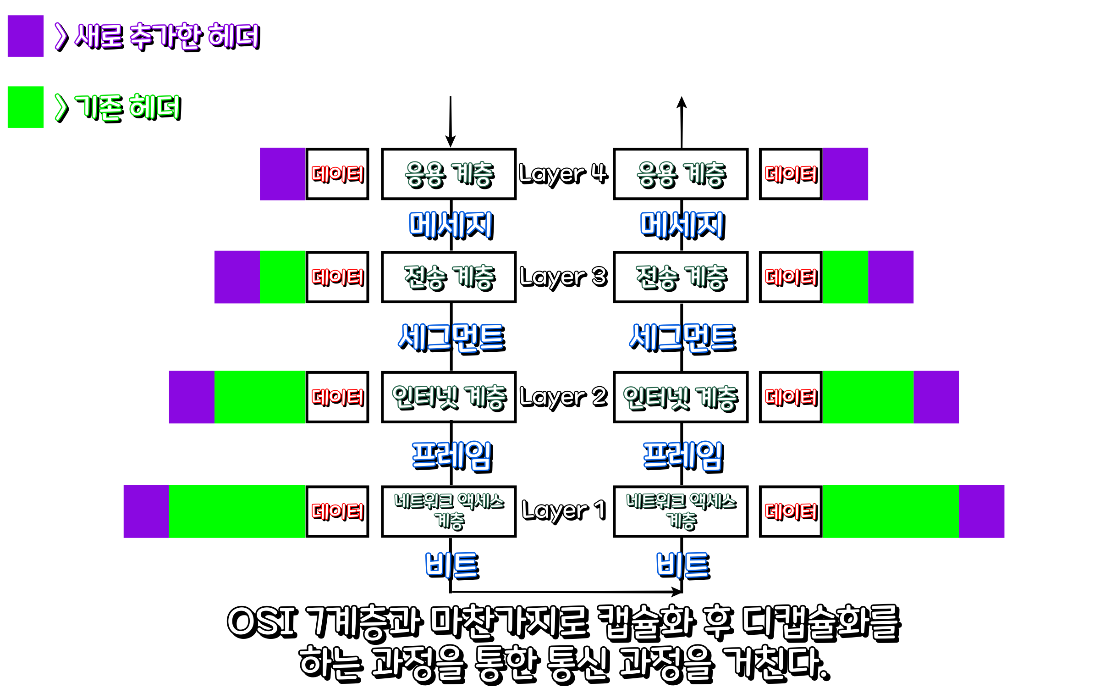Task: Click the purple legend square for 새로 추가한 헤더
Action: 26,36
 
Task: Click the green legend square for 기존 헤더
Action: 26,107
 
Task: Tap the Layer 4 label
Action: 563,174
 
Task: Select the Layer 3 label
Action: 563,277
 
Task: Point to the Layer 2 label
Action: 563,397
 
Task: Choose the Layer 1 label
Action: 563,510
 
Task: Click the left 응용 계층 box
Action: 449,174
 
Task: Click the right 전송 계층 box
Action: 681,277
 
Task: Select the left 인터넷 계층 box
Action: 449,397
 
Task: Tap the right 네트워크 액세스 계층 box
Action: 681,511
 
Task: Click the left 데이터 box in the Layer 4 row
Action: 337,174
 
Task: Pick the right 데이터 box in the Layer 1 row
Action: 791,511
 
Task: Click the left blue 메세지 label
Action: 451,225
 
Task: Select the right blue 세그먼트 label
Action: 682,338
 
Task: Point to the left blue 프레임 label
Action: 452,456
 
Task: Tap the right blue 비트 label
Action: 683,565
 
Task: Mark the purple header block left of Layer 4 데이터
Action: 282,174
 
